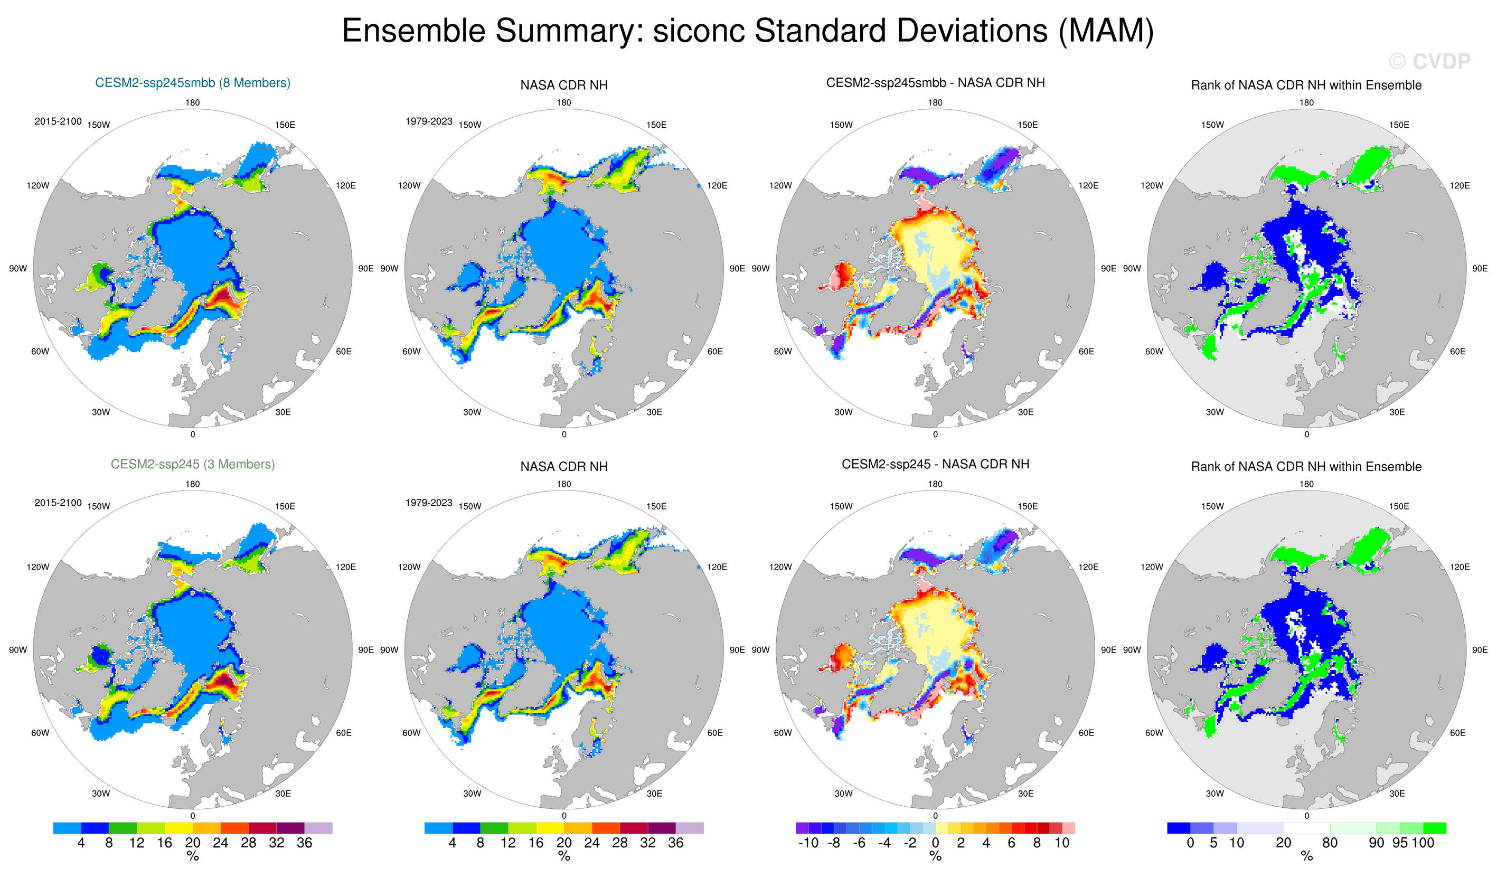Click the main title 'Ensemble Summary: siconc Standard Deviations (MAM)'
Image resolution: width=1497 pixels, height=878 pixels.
tap(747, 31)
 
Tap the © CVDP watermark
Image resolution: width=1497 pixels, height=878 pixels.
tap(1429, 61)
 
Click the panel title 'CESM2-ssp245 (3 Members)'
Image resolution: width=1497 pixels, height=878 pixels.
tap(192, 465)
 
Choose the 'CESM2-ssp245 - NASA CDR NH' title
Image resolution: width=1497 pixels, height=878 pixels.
tap(935, 465)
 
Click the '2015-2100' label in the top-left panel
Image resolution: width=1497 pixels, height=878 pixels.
tap(58, 121)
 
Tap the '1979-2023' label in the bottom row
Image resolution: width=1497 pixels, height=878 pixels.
tap(429, 503)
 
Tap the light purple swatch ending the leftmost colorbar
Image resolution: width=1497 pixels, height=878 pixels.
tap(318, 828)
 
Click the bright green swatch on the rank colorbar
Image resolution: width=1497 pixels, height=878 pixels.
tap(1434, 828)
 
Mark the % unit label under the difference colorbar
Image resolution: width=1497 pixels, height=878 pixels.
tap(935, 856)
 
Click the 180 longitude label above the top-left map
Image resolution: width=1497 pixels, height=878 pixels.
tap(192, 103)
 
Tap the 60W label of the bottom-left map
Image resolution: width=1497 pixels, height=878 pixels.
tap(40, 733)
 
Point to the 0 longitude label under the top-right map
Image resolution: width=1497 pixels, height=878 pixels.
tap(1306, 434)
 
